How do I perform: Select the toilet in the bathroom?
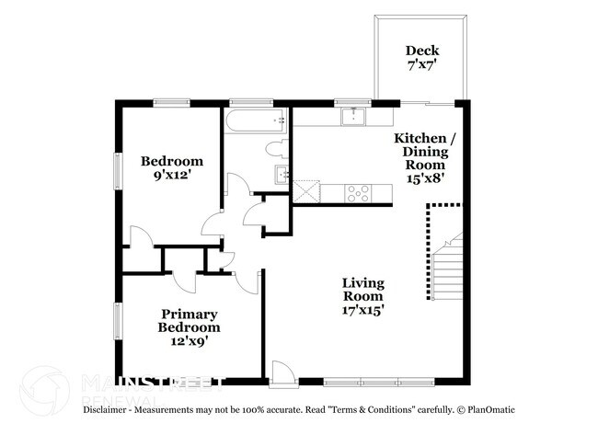[x=276, y=148]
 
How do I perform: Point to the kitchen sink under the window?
[x=352, y=116]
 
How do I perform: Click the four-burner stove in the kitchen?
[x=357, y=193]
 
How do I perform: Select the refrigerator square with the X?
[x=306, y=192]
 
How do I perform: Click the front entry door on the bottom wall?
[x=281, y=372]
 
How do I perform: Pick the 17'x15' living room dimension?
[x=363, y=310]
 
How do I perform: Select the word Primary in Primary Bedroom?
[x=189, y=314]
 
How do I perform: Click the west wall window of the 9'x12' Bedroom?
[x=117, y=171]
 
